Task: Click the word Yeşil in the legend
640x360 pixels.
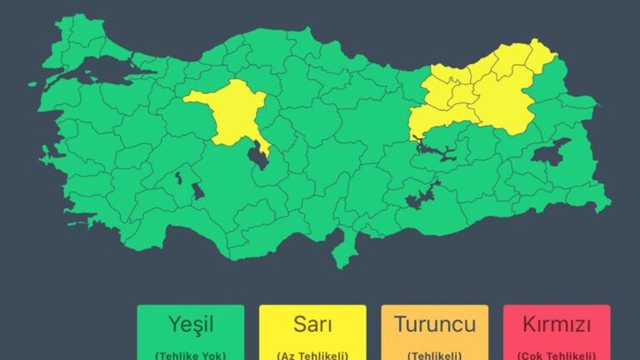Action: click(x=190, y=323)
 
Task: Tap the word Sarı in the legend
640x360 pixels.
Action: click(x=312, y=323)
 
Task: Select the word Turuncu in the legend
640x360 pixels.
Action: click(x=434, y=323)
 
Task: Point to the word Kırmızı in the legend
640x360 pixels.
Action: click(x=556, y=323)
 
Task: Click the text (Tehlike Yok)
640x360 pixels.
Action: click(x=190, y=354)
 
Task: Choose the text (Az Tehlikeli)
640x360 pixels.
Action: click(x=312, y=354)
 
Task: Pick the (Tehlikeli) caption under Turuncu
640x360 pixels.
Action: click(x=434, y=354)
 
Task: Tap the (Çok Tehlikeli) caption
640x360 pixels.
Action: click(x=556, y=354)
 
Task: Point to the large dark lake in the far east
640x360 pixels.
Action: click(x=551, y=152)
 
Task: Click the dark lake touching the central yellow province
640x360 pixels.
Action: click(x=259, y=155)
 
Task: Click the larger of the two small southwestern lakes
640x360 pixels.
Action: click(x=197, y=192)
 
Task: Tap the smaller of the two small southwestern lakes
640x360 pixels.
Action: click(x=178, y=177)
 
